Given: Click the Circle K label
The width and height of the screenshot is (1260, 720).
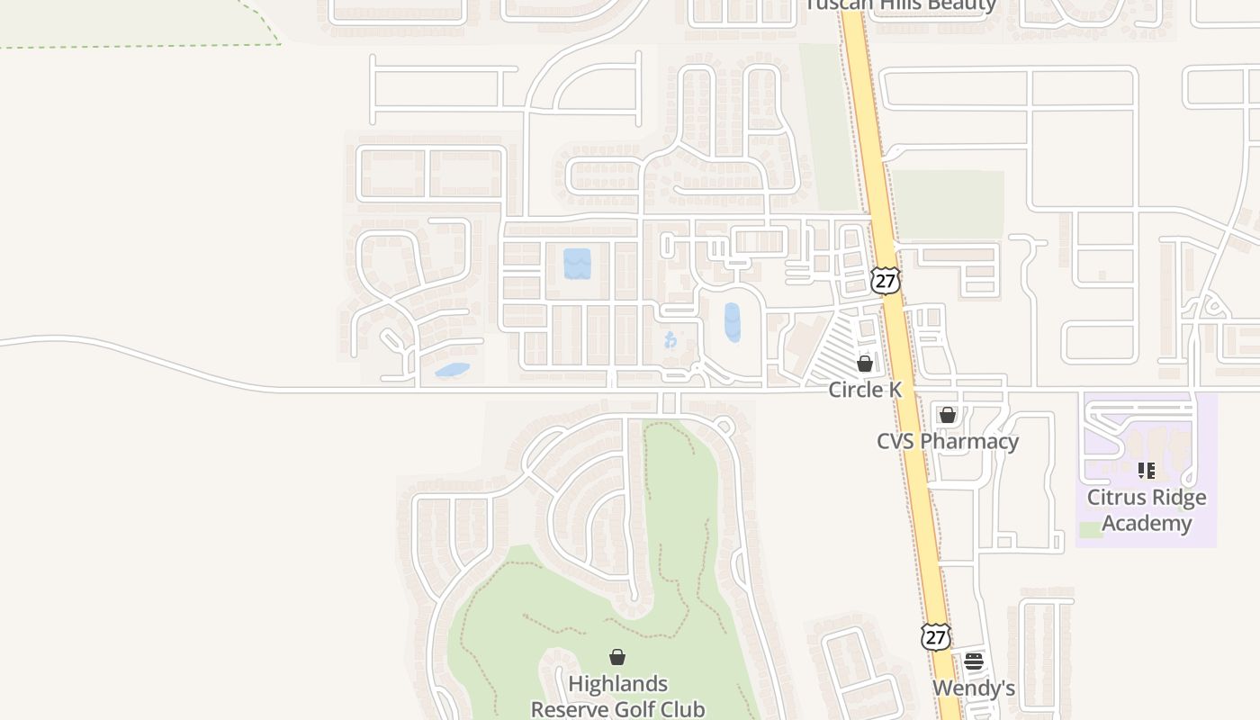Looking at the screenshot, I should pyautogui.click(x=865, y=390).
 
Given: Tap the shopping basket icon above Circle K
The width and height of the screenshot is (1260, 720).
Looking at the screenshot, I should pyautogui.click(x=865, y=364).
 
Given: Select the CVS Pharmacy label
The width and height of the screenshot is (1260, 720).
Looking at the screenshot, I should pyautogui.click(x=948, y=441).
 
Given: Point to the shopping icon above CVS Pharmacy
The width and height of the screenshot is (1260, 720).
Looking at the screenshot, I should pyautogui.click(x=948, y=415).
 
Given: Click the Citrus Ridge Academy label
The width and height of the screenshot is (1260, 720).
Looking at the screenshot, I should pyautogui.click(x=1147, y=510).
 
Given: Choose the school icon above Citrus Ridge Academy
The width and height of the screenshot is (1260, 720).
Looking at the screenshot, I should pyautogui.click(x=1147, y=470).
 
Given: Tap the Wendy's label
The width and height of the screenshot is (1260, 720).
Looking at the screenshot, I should pyautogui.click(x=974, y=688).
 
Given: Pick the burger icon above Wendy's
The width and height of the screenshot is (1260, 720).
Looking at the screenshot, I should pyautogui.click(x=974, y=661).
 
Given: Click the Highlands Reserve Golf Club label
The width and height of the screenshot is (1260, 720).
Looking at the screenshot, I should pyautogui.click(x=617, y=697).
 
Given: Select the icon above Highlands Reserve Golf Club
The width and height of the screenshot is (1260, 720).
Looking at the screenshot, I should pyautogui.click(x=617, y=657).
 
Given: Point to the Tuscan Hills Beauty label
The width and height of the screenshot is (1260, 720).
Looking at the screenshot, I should pyautogui.click(x=901, y=5).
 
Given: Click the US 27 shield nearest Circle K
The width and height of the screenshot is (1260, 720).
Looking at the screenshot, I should pyautogui.click(x=886, y=280).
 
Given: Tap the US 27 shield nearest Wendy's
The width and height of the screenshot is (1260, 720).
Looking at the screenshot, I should pyautogui.click(x=936, y=636).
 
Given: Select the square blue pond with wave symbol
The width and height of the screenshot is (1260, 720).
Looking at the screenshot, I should pyautogui.click(x=577, y=264).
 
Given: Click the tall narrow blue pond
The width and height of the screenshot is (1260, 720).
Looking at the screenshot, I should pyautogui.click(x=733, y=322).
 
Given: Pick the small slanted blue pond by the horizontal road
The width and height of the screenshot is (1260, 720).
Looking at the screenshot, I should pyautogui.click(x=452, y=370).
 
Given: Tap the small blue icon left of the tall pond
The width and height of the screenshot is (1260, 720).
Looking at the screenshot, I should pyautogui.click(x=670, y=339).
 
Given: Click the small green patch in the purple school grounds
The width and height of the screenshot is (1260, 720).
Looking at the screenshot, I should pyautogui.click(x=1091, y=530).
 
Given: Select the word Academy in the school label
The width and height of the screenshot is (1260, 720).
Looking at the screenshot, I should pyautogui.click(x=1147, y=523).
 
